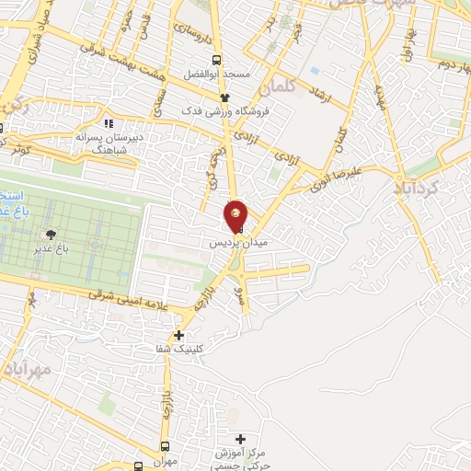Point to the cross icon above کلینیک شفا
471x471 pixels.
(179, 336)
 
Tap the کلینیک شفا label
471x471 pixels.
(179, 350)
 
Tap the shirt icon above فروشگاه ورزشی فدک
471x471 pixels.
(223, 95)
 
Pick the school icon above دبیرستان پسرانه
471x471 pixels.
(109, 122)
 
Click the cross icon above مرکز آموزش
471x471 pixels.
(241, 439)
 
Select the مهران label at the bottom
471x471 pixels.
(166, 462)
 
